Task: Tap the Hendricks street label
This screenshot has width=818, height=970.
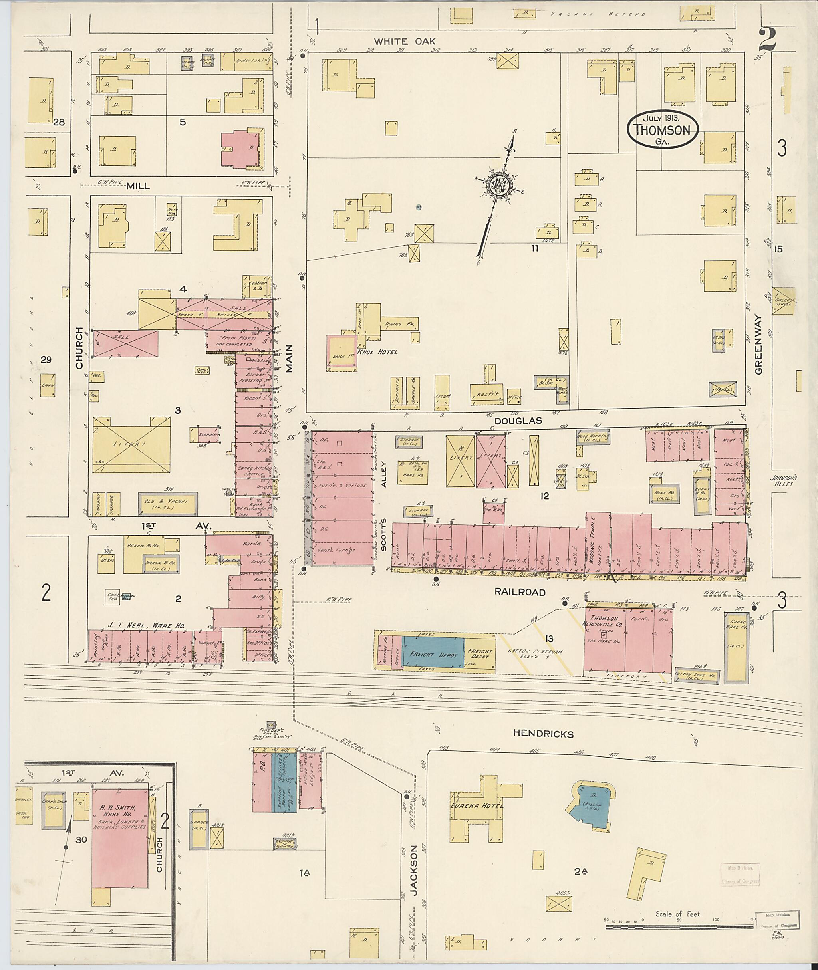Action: point(543,734)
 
